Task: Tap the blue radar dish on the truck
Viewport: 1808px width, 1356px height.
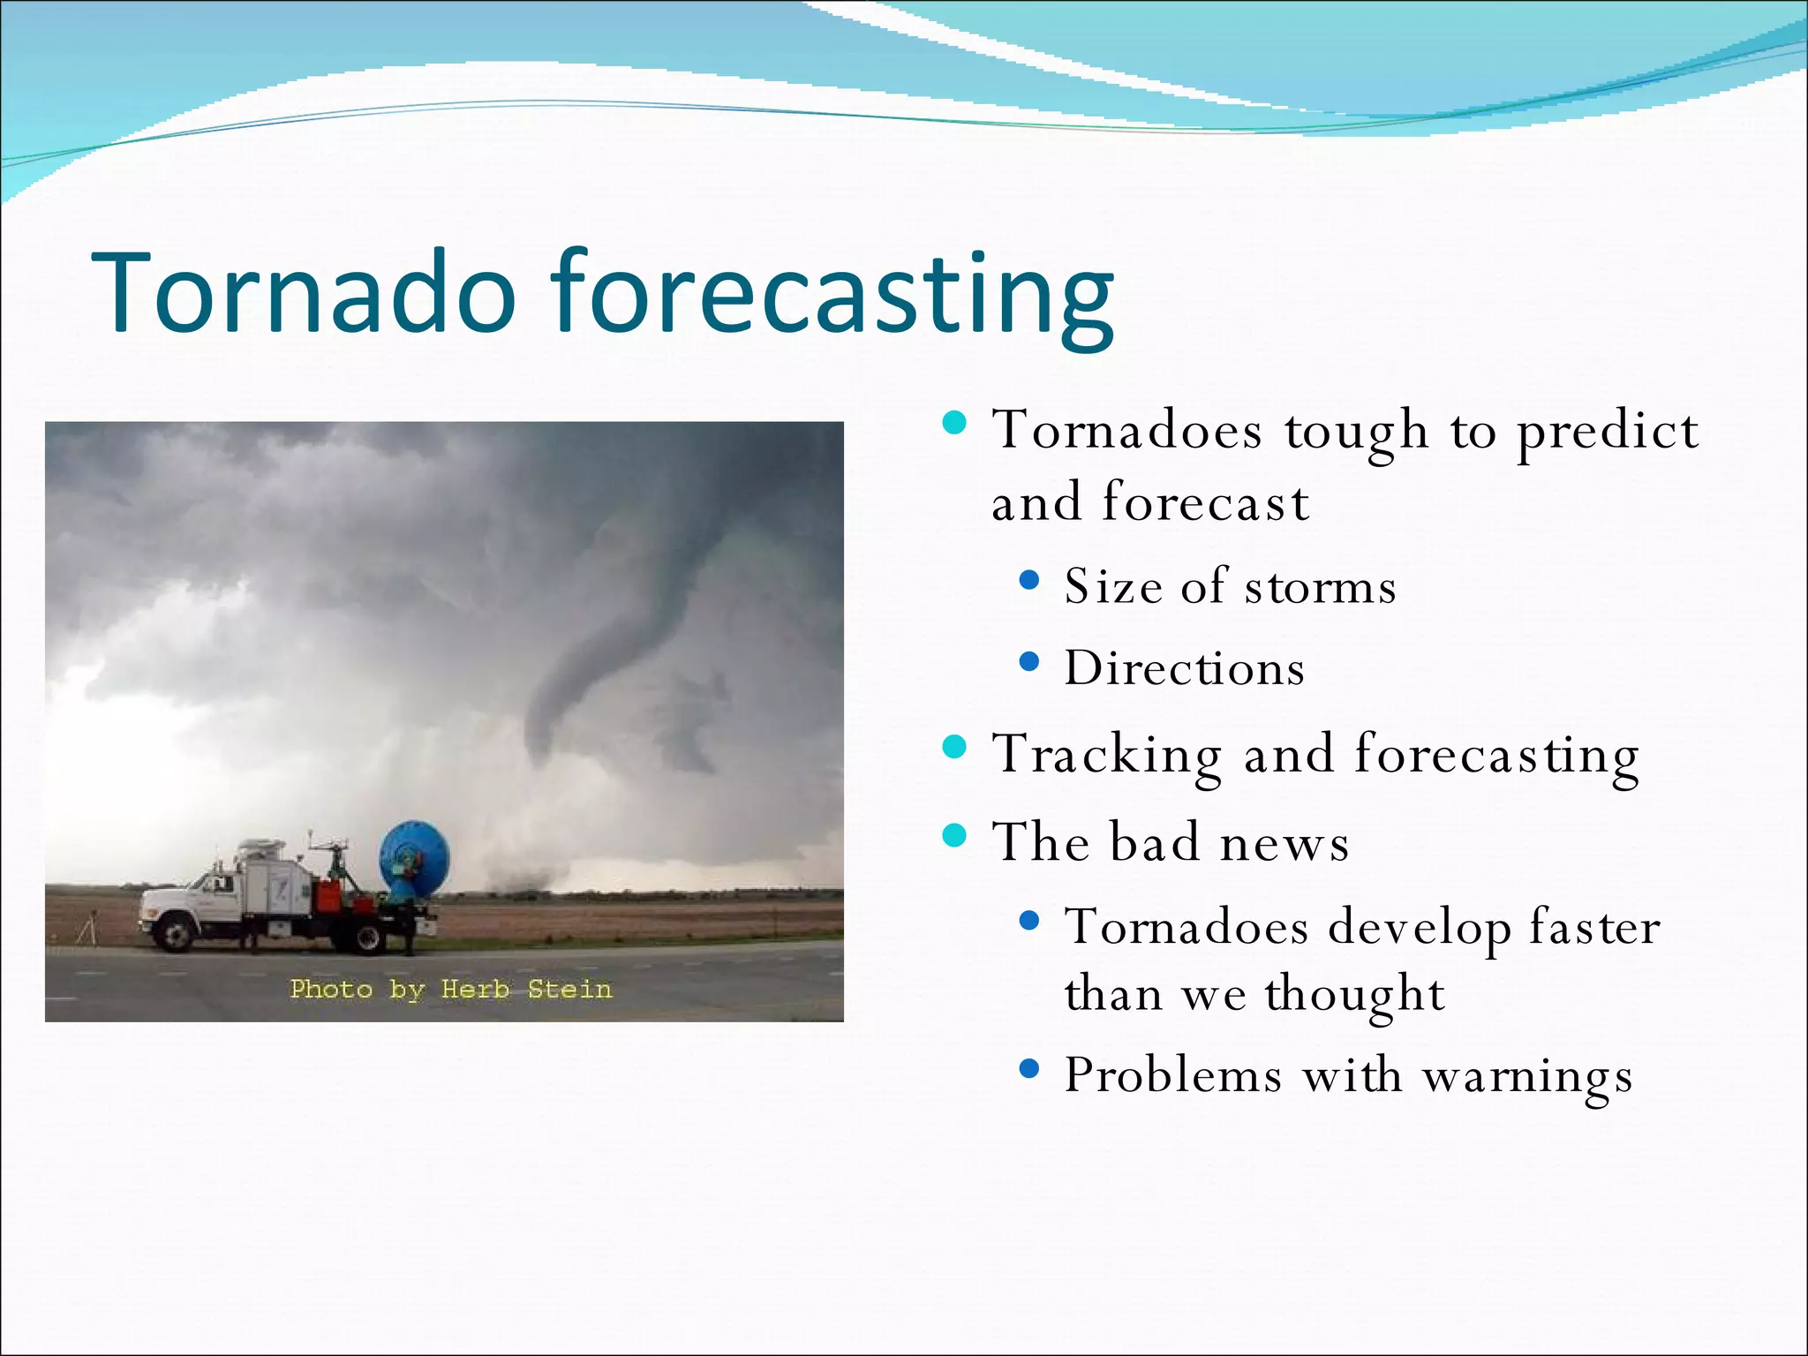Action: (415, 856)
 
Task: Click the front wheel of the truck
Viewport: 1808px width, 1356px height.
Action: (177, 932)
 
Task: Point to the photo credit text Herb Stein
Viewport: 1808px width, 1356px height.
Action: (526, 989)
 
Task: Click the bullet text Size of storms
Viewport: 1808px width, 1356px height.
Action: (1230, 586)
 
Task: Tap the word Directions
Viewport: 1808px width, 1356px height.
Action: (1184, 668)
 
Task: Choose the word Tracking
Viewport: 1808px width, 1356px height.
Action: (1107, 756)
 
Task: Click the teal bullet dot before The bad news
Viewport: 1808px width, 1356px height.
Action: (954, 834)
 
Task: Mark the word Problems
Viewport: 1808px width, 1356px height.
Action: (1172, 1075)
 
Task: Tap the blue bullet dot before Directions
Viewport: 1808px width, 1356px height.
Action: (1028, 661)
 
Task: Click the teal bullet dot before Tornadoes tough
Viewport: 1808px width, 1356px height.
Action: (954, 424)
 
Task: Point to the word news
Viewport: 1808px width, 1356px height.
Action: (1284, 843)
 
